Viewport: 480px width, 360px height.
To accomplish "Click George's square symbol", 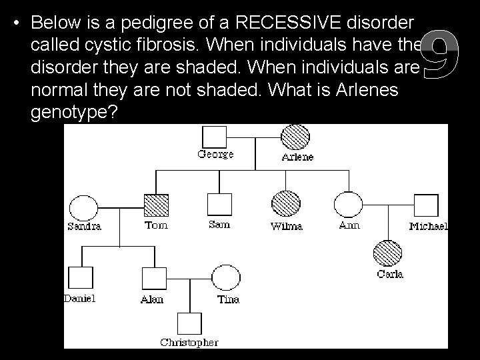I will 215,137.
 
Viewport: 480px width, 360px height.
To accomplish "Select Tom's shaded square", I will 155,205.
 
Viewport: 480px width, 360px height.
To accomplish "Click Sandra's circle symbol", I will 84,207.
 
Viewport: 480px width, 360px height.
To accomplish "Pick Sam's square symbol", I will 219,205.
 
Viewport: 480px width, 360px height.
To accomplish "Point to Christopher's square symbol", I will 189,325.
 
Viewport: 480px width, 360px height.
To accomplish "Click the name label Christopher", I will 189,343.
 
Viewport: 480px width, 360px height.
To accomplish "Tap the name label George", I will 215,155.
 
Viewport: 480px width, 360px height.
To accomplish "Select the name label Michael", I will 428,227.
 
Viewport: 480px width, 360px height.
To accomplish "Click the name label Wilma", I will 286,226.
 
